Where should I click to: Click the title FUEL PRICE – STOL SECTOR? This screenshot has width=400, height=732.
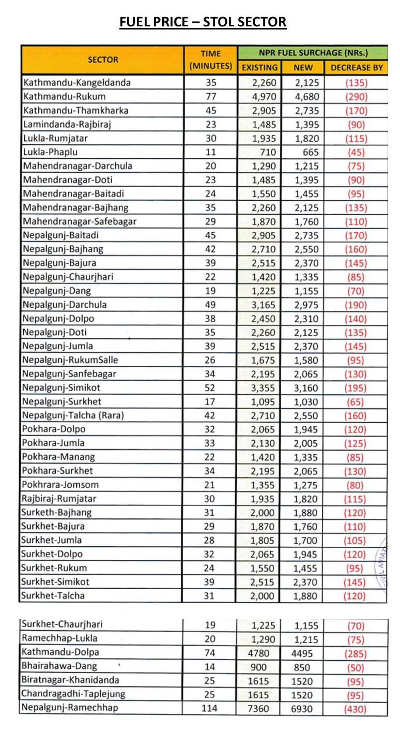point(203,22)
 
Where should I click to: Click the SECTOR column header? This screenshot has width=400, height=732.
point(103,59)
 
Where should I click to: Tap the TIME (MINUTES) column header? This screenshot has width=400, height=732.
point(210,60)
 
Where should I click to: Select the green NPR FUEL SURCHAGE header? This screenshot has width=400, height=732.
point(313,53)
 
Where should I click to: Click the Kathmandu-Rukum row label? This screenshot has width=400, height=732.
point(64,97)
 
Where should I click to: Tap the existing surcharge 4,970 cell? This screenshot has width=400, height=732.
point(265,97)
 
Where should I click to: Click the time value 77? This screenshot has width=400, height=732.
point(211,97)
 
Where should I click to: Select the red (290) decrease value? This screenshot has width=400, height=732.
point(356,97)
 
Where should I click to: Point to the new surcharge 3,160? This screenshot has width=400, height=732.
point(307,388)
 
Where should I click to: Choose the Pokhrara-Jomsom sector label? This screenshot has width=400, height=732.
point(60,485)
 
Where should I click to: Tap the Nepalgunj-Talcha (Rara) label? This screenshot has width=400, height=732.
point(73,415)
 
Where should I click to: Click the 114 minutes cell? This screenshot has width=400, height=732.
point(211,708)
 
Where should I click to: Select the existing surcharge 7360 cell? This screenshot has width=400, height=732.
point(258,708)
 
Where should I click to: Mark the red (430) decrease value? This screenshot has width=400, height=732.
point(356,709)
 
